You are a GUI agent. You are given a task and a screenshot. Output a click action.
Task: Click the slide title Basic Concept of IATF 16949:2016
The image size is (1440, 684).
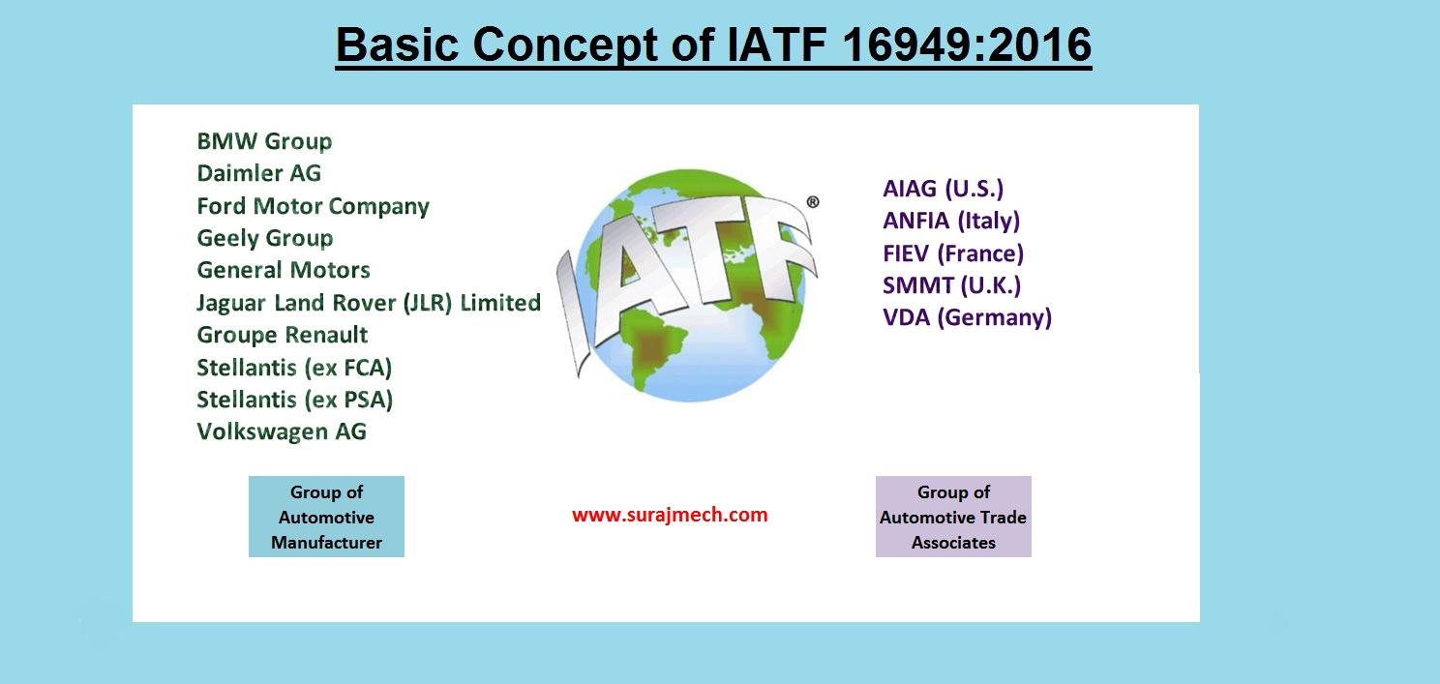click(x=713, y=45)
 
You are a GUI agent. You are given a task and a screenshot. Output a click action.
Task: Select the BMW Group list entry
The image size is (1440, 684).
click(x=264, y=141)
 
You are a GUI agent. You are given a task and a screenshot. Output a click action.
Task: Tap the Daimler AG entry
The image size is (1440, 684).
click(x=258, y=173)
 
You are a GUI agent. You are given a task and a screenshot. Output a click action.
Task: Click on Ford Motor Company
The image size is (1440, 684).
click(x=313, y=206)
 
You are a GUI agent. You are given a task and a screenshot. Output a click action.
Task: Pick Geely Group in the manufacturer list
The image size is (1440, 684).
click(x=264, y=238)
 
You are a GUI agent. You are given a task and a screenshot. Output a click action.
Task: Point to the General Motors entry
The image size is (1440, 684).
click(x=284, y=270)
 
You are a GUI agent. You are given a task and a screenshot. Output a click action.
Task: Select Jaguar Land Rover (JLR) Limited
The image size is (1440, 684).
click(x=368, y=303)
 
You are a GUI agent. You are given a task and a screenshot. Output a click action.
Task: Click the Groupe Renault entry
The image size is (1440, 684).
click(x=282, y=335)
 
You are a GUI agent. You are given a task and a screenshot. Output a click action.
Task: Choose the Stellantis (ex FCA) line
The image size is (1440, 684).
click(x=294, y=368)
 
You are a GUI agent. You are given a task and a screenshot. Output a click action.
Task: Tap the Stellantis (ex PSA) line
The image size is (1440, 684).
click(x=294, y=400)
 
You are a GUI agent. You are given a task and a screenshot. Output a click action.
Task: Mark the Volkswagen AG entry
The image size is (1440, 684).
click(x=282, y=431)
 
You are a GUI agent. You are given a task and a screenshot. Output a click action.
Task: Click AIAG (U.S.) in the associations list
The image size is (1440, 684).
click(x=936, y=189)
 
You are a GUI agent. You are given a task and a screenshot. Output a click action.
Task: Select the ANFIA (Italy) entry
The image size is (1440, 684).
click(x=951, y=221)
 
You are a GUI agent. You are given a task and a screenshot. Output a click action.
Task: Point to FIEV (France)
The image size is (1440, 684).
click(x=953, y=253)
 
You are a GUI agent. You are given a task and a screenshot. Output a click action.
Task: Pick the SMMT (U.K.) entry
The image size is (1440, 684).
click(x=951, y=285)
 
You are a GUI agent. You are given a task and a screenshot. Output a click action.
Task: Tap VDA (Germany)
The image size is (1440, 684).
click(x=967, y=317)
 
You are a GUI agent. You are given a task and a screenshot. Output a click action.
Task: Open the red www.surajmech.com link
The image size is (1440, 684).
click(x=670, y=515)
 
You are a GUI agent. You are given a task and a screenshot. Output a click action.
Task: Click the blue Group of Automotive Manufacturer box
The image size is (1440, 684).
click(x=326, y=517)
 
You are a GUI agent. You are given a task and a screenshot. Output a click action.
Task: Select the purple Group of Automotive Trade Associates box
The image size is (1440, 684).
click(x=953, y=517)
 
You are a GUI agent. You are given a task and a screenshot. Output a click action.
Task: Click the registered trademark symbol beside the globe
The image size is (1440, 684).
click(x=812, y=202)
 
